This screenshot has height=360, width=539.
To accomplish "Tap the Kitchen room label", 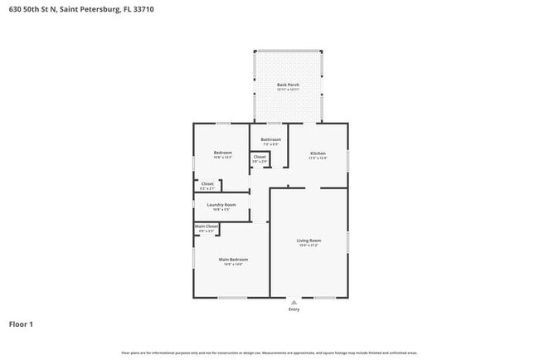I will (x=318, y=153).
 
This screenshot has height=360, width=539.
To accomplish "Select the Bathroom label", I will (x=270, y=139).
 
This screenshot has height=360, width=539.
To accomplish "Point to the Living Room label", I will (x=308, y=241).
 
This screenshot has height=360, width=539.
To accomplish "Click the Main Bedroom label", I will (x=233, y=259).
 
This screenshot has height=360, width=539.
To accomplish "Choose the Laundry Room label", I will (x=221, y=204).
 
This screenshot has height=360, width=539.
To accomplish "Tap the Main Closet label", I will (x=206, y=226).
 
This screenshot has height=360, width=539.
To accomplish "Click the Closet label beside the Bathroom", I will (x=260, y=156).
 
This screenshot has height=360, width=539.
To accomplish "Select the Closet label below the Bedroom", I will (x=207, y=184).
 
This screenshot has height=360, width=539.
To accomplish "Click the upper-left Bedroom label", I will (x=222, y=152).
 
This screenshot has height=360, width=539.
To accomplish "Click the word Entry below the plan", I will (x=294, y=309).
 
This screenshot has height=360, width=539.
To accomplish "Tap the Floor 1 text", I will (x=21, y=324).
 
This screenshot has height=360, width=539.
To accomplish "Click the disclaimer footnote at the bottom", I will (x=269, y=353).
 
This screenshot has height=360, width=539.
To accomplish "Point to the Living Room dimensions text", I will (x=308, y=246).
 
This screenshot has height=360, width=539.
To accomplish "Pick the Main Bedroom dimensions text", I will (x=233, y=264).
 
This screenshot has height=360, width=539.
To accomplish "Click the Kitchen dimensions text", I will (x=318, y=158).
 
